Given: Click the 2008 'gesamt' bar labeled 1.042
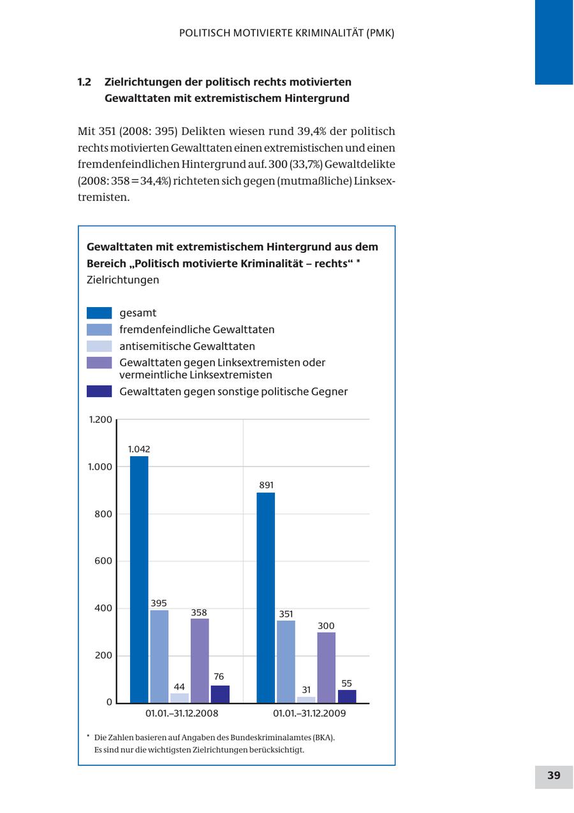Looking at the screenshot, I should [139, 579].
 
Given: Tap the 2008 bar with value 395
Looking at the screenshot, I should [159, 656].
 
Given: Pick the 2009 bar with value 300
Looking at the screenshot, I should [327, 667].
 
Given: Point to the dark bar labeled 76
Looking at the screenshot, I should [220, 694].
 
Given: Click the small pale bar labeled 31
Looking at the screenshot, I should [306, 700].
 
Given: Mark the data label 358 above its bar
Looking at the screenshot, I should [199, 613].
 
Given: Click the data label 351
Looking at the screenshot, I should [286, 614].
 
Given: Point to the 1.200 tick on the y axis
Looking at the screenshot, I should [100, 420].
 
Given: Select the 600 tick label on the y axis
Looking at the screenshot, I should [103, 561].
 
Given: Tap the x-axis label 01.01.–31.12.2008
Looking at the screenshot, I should [182, 714].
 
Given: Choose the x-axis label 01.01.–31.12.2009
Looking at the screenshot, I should [309, 714].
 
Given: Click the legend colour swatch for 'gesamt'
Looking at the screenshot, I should [99, 313].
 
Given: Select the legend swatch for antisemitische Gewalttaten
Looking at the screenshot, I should [99, 346].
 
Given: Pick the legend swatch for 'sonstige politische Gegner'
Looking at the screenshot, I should [99, 391].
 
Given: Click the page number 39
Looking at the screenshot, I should [554, 775].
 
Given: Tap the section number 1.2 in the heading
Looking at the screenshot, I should [85, 82].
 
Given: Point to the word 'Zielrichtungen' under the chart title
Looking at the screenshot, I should [122, 280].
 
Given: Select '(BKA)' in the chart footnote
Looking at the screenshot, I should [323, 737].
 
